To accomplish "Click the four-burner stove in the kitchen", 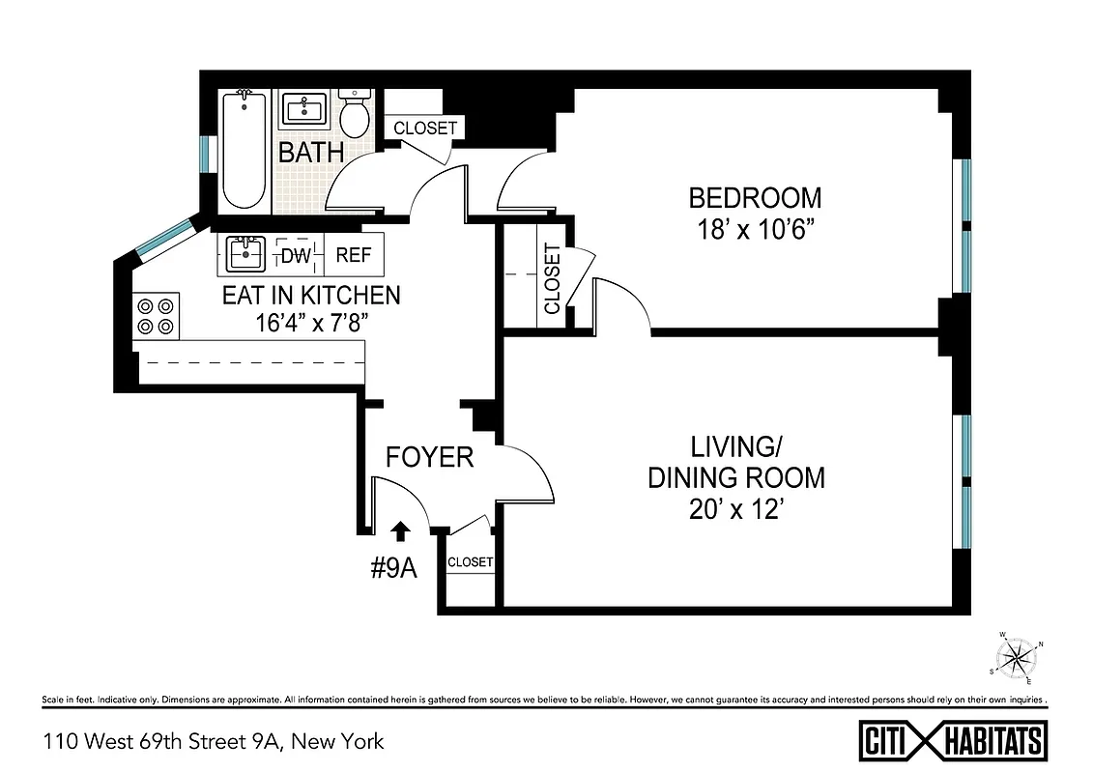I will click(158, 316).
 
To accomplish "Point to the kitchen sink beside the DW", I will click(245, 255).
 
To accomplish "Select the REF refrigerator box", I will click(354, 256).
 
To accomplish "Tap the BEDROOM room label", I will click(755, 198).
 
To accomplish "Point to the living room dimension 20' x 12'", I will click(736, 509).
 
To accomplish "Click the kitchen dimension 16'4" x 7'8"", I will click(310, 324).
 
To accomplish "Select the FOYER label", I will click(430, 457).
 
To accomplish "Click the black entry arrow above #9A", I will click(401, 529).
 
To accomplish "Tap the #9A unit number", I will click(394, 568).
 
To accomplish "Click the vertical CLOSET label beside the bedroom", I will click(552, 279).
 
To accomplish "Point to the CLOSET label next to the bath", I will click(425, 128).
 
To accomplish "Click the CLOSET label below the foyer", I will click(471, 561).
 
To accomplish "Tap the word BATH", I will click(310, 153).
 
